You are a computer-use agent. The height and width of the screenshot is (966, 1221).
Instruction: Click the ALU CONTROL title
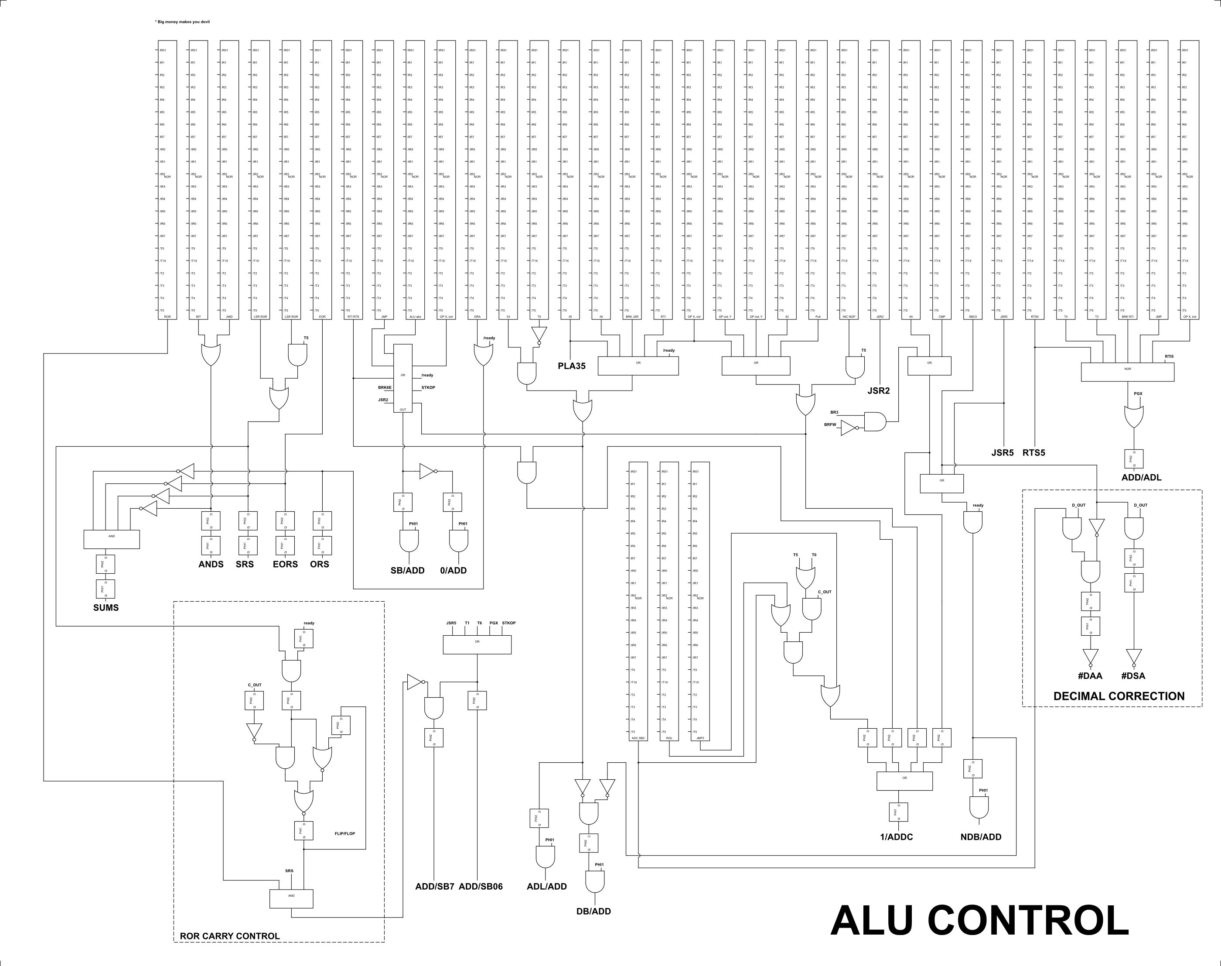[979, 921]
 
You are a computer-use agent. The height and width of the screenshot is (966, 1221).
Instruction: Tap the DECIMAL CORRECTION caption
[1119, 696]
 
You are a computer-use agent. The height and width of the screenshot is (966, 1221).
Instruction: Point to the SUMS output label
[106, 607]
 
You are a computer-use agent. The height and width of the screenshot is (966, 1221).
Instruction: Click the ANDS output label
[211, 564]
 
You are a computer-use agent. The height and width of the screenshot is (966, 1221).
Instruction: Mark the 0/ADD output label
[454, 571]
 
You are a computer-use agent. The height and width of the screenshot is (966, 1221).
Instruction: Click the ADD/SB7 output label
[435, 886]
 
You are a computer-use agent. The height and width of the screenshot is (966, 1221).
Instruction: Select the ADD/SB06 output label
[481, 886]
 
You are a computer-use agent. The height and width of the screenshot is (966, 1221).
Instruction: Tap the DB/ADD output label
[593, 911]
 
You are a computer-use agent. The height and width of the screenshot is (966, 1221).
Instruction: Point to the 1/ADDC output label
[896, 837]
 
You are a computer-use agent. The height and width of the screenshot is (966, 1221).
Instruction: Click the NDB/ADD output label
[981, 837]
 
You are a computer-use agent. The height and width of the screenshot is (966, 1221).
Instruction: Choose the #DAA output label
[1090, 675]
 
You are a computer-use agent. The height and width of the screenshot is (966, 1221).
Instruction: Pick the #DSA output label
[1133, 675]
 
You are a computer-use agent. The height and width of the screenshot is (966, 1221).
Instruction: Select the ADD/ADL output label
[1141, 477]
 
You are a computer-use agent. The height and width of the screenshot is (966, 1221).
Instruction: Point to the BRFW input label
[830, 424]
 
